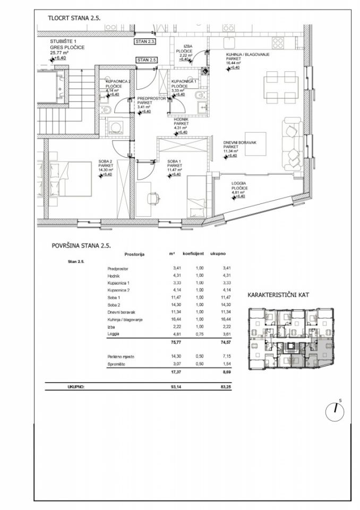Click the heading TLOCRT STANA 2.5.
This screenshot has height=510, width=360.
pos(74,17)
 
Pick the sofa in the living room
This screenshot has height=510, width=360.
pos(291,140)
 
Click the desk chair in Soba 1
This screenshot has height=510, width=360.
pos(154,198)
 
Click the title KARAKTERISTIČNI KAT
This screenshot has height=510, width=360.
pos(279,295)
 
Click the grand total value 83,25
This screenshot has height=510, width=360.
pos(219,388)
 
